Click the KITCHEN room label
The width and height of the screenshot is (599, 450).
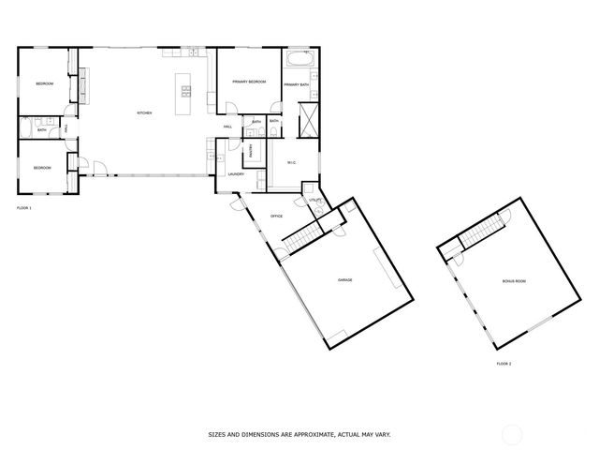[144, 113]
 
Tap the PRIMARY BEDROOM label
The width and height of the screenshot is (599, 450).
[250, 82]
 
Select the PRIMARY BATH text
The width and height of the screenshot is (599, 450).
[297, 85]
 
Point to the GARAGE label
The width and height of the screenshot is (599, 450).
[344, 280]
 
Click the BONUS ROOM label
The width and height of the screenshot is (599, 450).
[513, 281]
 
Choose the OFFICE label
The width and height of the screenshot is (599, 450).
[277, 217]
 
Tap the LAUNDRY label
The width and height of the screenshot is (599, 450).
[236, 173]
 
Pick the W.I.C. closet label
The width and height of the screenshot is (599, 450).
[291, 164]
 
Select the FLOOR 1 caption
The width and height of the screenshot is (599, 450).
[24, 207]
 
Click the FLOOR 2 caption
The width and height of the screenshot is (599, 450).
[504, 364]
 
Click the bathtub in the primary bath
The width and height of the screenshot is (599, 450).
[299, 61]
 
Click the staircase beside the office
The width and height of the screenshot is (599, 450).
[301, 237]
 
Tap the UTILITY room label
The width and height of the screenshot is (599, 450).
[315, 200]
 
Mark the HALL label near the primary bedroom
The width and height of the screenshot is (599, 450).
[227, 127]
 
